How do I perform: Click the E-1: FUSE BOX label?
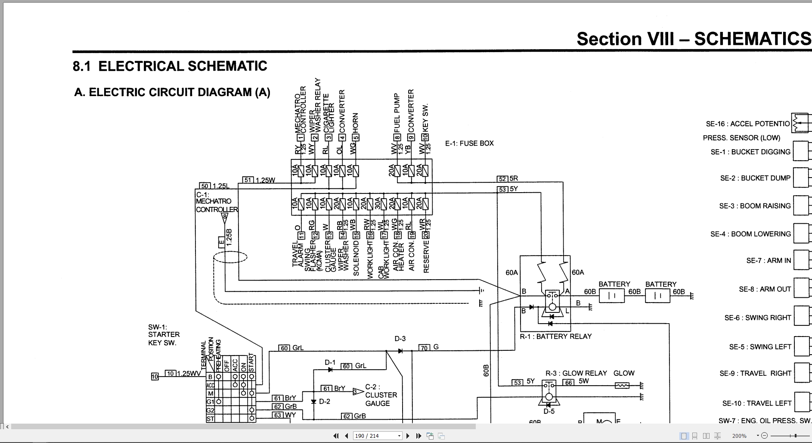point(469,144)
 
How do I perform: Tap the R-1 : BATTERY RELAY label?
point(555,337)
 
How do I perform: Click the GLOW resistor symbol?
point(622,385)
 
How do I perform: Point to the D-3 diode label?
point(400,339)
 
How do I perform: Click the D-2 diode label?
point(324,402)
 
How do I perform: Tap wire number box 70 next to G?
point(424,347)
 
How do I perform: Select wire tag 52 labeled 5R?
point(502,179)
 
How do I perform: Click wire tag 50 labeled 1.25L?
point(205,186)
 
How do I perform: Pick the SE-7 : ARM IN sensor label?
point(769,261)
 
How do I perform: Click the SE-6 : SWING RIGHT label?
point(758,318)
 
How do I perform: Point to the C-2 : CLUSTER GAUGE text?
point(381,395)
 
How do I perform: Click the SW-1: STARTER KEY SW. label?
point(164,335)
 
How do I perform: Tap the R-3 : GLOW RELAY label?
point(576,373)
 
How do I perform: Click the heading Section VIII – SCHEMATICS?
point(693,39)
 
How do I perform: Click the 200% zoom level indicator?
point(739,436)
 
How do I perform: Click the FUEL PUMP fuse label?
point(397,113)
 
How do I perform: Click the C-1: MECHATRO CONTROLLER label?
point(216,202)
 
